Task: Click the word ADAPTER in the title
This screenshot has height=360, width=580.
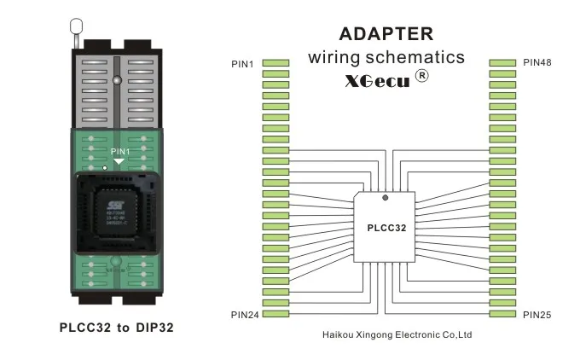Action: coord(386,34)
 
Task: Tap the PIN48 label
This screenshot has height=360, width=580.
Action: coord(536,63)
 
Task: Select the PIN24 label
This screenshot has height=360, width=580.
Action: coord(245,315)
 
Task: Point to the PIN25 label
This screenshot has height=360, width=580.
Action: coord(536,315)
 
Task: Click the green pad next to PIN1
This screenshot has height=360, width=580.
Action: coord(275,63)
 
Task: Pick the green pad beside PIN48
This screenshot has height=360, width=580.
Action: coord(503,63)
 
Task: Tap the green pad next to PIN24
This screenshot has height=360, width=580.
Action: coord(275,314)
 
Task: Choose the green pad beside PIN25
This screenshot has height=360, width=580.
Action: coord(503,314)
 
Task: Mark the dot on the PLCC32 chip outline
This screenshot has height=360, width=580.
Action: coord(386,198)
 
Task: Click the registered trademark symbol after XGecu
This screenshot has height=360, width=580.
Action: coord(420,77)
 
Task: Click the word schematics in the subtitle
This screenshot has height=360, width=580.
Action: coord(423,58)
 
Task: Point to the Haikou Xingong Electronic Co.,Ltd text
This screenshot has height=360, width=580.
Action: coord(398,334)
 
